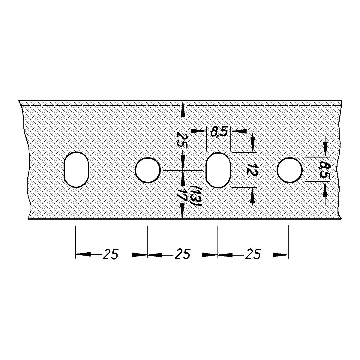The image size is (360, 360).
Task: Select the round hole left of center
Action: pos(148,170)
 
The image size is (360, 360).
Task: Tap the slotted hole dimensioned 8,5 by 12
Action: pos(218,170)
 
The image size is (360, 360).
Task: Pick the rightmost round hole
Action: pos(289,170)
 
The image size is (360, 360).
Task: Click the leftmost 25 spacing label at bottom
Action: pos(111,254)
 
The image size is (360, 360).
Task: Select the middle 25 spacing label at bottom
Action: pos(182,254)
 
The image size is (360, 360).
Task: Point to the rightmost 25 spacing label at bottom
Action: pos(253,254)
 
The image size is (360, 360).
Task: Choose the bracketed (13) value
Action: pos(197,195)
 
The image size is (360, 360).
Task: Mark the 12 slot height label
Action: pos(250,169)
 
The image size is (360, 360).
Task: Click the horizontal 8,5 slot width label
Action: pos(219,132)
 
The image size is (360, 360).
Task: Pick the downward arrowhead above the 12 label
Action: pos(253,145)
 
